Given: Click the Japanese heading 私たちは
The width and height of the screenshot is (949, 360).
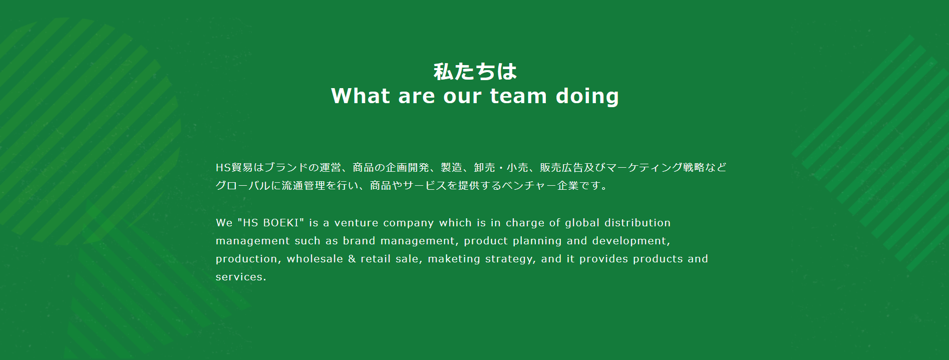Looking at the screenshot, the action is click(x=475, y=72).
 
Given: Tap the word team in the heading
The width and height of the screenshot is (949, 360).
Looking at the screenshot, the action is click(x=518, y=96).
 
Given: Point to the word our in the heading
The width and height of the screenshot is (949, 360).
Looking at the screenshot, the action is click(x=462, y=97).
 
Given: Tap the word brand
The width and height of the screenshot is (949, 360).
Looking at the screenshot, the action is click(x=359, y=241).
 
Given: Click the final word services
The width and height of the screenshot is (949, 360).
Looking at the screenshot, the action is click(x=240, y=277).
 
